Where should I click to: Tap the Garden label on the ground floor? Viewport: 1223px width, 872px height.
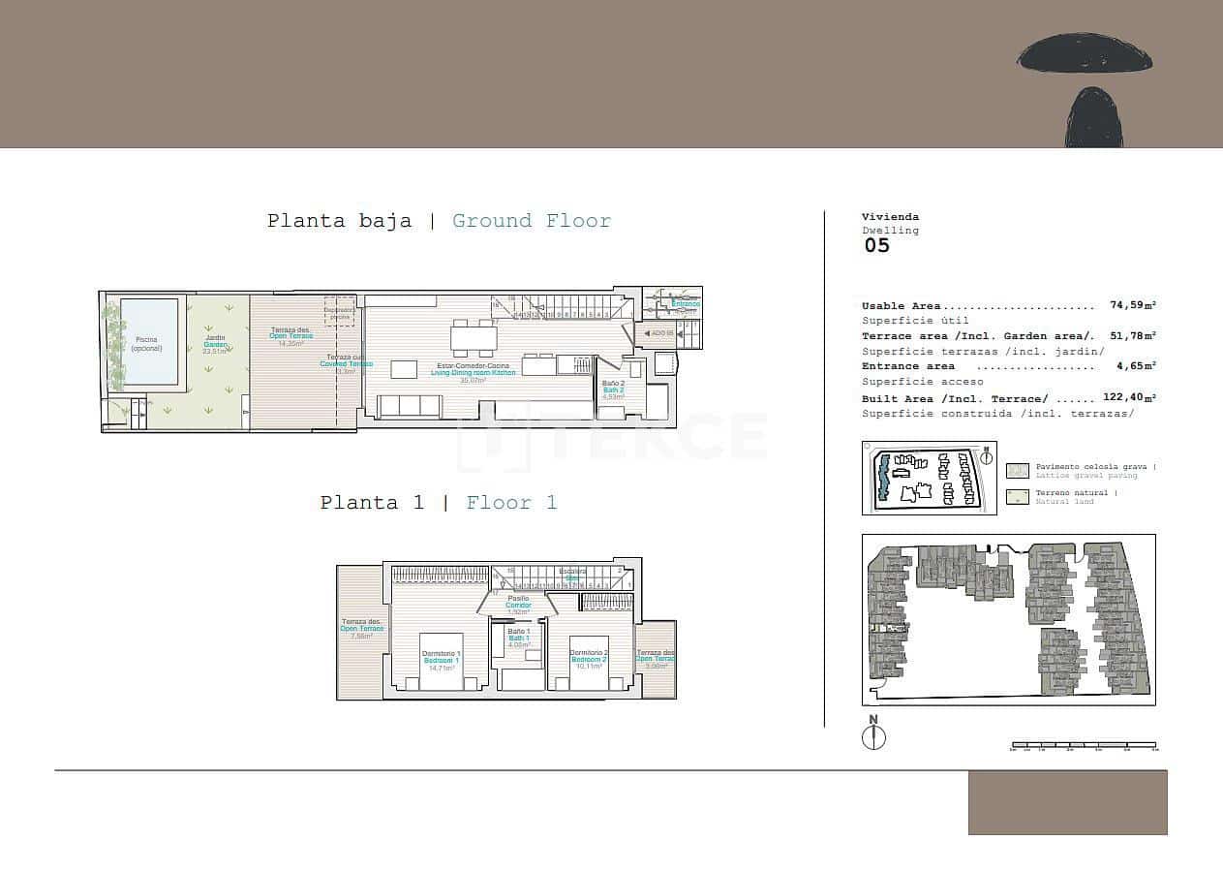[214, 345]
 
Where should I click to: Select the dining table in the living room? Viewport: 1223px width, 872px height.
[474, 338]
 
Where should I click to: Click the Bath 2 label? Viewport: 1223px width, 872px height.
[614, 389]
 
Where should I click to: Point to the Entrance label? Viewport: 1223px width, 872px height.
[686, 304]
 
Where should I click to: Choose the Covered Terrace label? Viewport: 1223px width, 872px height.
[346, 364]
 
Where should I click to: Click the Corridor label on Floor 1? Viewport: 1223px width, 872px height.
[518, 605]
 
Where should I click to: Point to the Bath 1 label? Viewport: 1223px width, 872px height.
[519, 638]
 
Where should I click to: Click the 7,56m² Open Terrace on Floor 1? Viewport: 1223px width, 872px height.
[361, 630]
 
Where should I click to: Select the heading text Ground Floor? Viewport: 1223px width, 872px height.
[532, 221]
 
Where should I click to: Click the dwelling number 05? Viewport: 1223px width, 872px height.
[876, 245]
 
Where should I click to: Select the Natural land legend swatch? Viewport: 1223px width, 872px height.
[1017, 498]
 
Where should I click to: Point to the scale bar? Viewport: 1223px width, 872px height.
[1084, 746]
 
